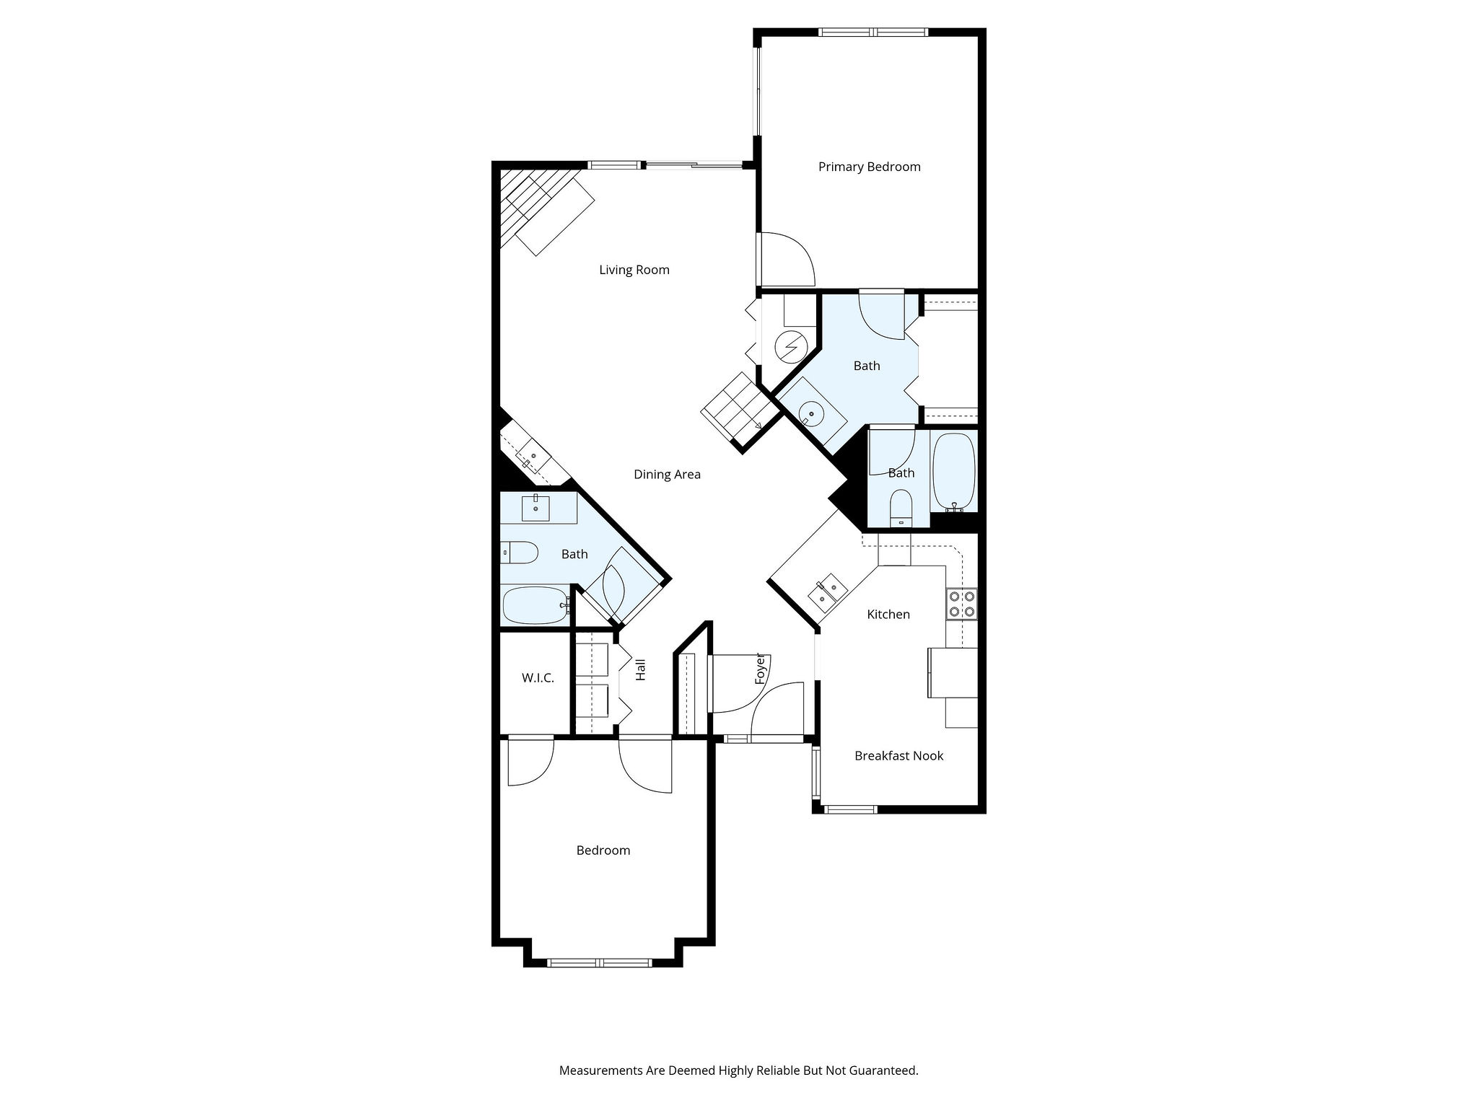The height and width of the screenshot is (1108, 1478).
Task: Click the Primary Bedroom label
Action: tap(869, 167)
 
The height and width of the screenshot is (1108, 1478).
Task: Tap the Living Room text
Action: tap(634, 270)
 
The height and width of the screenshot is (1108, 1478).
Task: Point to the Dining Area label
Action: tap(667, 474)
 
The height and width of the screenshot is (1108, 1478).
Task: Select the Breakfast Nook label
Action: tap(898, 755)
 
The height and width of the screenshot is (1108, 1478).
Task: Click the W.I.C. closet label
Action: tap(538, 678)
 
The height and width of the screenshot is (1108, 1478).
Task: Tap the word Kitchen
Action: tap(888, 614)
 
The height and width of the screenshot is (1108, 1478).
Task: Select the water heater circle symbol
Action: tap(790, 348)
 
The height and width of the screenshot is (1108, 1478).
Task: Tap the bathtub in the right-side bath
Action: tap(955, 472)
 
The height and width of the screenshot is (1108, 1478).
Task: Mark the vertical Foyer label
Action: tap(759, 669)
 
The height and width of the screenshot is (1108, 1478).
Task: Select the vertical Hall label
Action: tap(640, 669)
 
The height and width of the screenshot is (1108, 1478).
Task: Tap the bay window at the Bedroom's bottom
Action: tap(600, 962)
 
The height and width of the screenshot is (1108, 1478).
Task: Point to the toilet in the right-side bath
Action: tap(901, 508)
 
